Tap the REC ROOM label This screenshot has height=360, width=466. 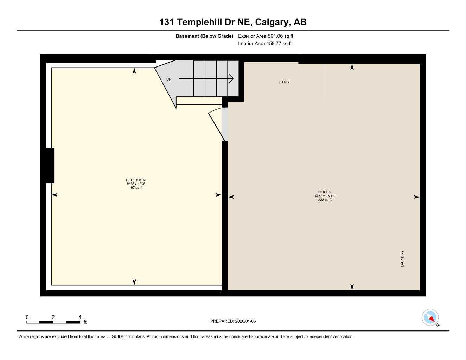coord(136,180)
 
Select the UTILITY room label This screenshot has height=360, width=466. coord(323,192)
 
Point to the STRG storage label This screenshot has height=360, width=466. coord(284,82)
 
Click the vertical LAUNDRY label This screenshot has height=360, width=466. coord(402,259)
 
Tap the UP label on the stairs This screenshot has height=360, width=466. coord(169,79)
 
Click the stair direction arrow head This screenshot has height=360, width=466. coord(231,79)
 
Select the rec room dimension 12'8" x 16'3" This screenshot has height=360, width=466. coord(136,184)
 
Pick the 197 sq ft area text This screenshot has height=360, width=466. coord(136,188)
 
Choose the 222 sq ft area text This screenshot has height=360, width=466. coord(323,200)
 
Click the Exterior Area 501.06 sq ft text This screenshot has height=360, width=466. coord(266,36)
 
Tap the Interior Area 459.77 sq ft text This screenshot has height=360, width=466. coord(265,44)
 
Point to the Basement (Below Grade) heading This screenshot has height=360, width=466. coord(204,36)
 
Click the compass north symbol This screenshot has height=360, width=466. coord(430,318)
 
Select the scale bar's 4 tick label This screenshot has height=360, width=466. coord(80,317)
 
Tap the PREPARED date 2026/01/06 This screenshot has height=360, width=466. coord(233,321)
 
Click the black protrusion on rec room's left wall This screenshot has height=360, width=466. coord(50,166)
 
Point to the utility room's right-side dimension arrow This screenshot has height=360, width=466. coord(416,197)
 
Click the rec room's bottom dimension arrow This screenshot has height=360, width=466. coord(134,282)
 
